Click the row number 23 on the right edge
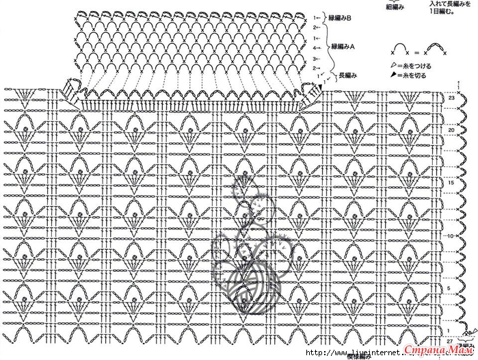coord(452,99)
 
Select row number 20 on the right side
coord(452,129)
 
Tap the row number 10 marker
coord(449,236)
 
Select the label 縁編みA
coord(342,47)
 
